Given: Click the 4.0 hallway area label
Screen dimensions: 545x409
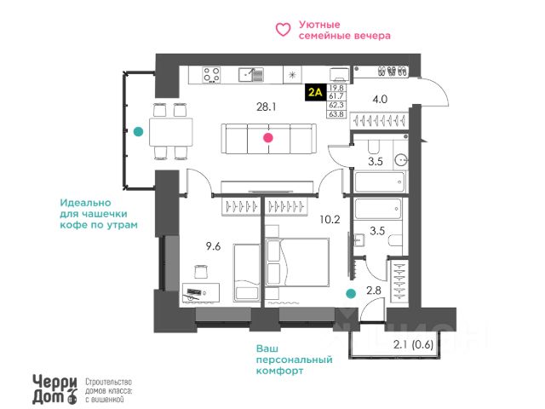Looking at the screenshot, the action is point(380,98).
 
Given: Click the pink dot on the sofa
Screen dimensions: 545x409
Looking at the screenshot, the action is point(268,137).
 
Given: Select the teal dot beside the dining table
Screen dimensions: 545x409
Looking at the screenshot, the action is point(138,131).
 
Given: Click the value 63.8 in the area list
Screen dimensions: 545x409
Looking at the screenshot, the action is point(336,113).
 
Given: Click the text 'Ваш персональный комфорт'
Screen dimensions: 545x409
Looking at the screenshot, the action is point(292,360).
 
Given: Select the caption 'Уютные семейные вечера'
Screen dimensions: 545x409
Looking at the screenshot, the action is point(345,31).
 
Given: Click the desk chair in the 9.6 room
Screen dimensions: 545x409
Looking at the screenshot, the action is point(201,272).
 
